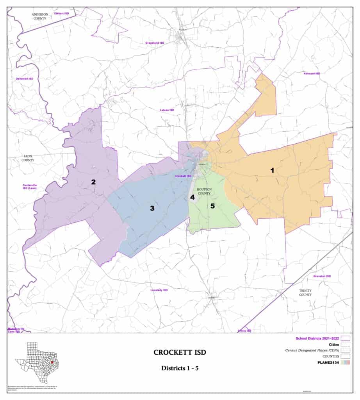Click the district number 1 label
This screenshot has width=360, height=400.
(x=272, y=170)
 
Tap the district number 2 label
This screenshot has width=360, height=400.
(x=93, y=182)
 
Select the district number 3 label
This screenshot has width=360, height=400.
(x=152, y=208)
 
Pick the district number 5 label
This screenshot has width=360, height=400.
(x=213, y=206)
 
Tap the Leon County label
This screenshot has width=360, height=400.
(x=28, y=158)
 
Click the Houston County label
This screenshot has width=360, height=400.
(x=204, y=191)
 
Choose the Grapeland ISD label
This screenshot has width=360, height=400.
(x=155, y=43)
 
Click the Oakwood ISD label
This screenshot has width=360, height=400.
(x=24, y=79)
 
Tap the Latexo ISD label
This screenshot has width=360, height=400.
(x=167, y=110)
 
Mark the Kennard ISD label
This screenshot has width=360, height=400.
(x=312, y=73)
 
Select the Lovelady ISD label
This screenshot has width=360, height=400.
(x=159, y=290)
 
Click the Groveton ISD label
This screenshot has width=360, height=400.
(x=322, y=276)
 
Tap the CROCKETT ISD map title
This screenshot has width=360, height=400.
(x=180, y=353)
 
